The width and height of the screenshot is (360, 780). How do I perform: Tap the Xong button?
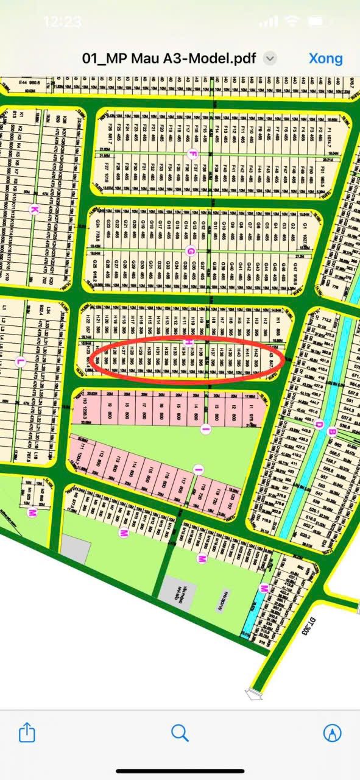tap(325, 58)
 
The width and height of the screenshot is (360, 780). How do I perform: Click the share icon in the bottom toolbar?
tap(27, 732)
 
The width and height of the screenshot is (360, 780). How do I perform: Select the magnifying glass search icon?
tap(180, 732)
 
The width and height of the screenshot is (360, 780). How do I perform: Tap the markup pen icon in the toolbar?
tap(332, 732)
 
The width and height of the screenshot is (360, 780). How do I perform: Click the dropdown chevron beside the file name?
tap(270, 58)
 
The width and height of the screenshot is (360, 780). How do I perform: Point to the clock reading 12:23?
tap(62, 22)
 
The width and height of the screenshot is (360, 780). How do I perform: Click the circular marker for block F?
tap(193, 153)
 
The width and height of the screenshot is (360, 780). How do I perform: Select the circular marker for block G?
tap(191, 251)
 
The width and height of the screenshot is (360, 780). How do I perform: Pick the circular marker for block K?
tap(34, 210)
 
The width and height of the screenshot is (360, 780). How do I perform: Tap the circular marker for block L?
tap(19, 362)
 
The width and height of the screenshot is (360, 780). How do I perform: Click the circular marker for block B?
tap(332, 432)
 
